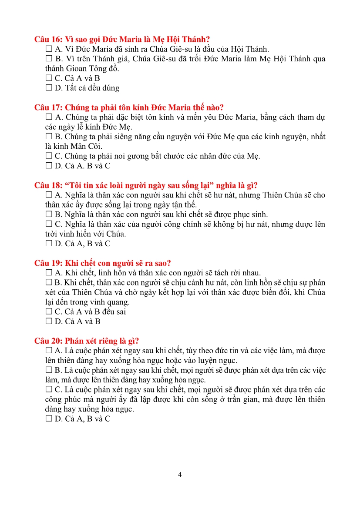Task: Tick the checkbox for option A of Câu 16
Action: (48, 49)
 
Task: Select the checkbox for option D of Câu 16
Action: (48, 88)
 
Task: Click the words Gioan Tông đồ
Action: (94, 68)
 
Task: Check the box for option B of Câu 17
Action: (48, 137)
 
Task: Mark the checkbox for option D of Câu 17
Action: (48, 166)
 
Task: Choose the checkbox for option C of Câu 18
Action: (48, 224)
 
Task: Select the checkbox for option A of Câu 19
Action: (48, 273)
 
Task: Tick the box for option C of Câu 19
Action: (48, 312)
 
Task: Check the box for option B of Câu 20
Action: (48, 370)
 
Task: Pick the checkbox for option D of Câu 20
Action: (48, 419)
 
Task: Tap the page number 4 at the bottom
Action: (180, 475)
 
